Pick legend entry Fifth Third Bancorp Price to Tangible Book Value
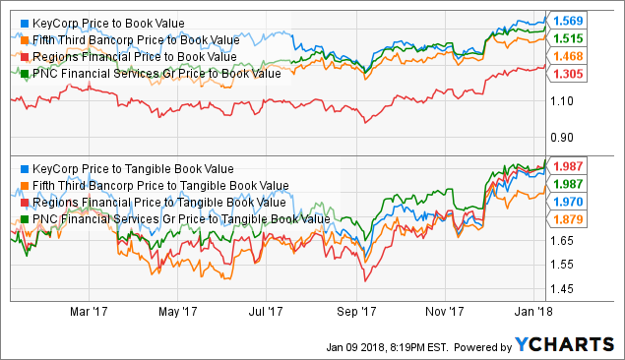(152, 185)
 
